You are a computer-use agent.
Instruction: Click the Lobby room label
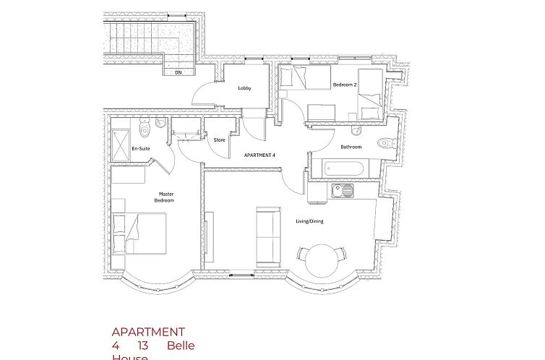tap(244, 88)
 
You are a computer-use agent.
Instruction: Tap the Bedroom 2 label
tap(345, 85)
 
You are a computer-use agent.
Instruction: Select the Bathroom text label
tap(351, 147)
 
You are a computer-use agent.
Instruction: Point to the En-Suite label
tap(140, 148)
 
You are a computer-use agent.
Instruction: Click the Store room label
tap(219, 140)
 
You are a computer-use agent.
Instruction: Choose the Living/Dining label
tap(309, 221)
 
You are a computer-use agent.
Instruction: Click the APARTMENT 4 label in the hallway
tap(259, 155)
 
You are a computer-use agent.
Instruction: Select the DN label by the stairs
tap(178, 72)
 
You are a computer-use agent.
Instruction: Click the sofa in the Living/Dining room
tap(269, 235)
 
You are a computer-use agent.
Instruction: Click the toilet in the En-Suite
tap(145, 129)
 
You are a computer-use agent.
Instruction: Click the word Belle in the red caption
tap(181, 346)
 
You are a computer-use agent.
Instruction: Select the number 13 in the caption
tap(143, 346)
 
